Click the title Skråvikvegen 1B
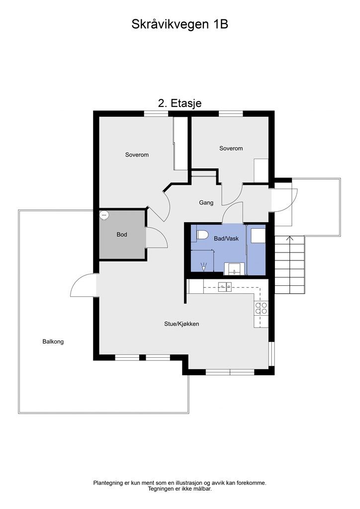(x=180, y=24)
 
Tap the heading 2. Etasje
(x=180, y=103)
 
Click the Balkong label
(x=53, y=341)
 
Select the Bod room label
(x=122, y=235)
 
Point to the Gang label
(x=206, y=203)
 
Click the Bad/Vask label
(x=226, y=239)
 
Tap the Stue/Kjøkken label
(x=181, y=324)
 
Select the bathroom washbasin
(x=235, y=269)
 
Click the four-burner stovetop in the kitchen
(x=261, y=308)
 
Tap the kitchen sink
(x=225, y=287)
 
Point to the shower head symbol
(x=203, y=267)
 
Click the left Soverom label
(x=137, y=155)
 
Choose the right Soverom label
(x=231, y=148)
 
